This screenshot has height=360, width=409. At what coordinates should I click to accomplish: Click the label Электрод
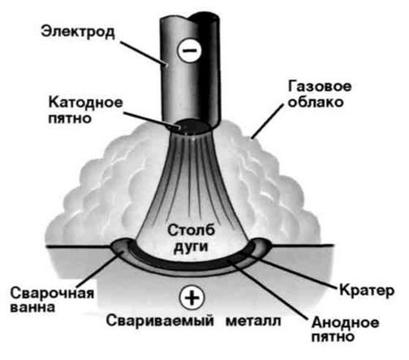(78, 32)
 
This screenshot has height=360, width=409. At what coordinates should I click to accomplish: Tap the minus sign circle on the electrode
(189, 50)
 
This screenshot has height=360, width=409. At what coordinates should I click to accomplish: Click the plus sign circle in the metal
(192, 298)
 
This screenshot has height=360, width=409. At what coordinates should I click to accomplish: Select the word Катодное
(85, 103)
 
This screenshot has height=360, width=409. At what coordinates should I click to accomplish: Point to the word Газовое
(320, 87)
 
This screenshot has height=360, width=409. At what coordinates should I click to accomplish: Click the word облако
(316, 102)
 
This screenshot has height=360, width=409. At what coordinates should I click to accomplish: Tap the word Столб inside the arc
(192, 230)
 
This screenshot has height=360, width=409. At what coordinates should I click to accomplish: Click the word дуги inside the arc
(191, 247)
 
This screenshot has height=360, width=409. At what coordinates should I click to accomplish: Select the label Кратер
(367, 291)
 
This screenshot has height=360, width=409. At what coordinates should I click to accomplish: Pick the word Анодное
(345, 323)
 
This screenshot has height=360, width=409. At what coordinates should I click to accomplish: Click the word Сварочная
(52, 293)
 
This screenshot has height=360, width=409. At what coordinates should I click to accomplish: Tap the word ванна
(32, 307)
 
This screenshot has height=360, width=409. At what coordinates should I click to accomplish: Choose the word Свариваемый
(160, 321)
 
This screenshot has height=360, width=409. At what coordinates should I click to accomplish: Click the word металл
(253, 321)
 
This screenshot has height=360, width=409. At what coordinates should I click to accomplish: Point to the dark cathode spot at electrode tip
(192, 126)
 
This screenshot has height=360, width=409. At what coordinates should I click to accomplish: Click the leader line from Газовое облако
(268, 122)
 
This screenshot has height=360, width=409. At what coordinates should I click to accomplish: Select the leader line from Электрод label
(144, 54)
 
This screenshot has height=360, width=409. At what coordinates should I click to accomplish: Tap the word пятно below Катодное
(70, 118)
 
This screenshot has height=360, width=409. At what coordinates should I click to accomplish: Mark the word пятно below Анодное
(333, 336)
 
